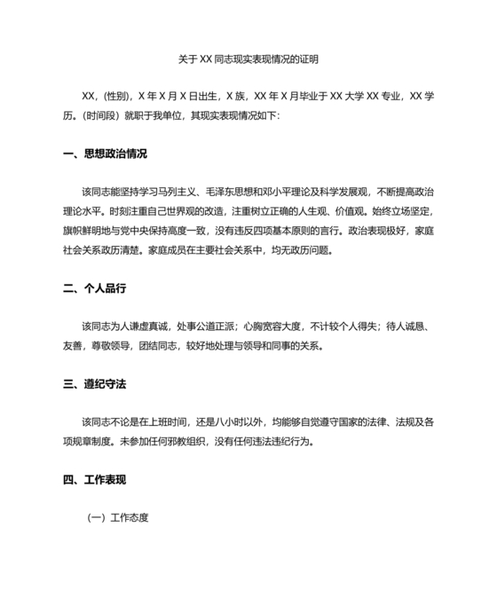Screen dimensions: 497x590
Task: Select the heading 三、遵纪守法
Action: (94, 384)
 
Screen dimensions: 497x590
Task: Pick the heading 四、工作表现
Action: (94, 480)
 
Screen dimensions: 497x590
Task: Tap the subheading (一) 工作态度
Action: (117, 517)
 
